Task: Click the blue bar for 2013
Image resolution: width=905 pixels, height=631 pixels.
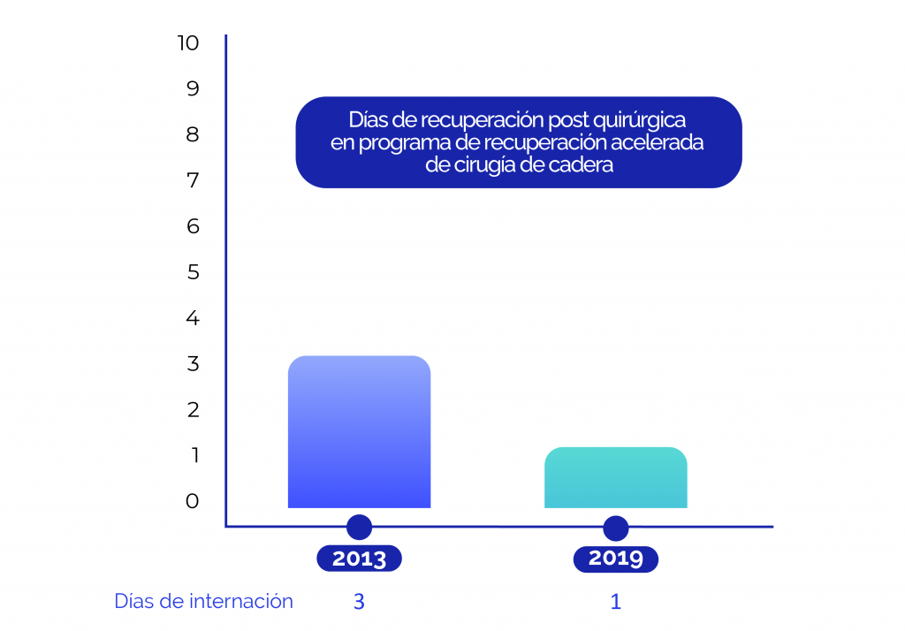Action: point(359,432)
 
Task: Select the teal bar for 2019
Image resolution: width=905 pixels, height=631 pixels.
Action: point(615,478)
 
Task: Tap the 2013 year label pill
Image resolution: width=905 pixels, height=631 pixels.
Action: point(359,559)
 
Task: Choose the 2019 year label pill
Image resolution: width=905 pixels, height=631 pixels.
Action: point(615,559)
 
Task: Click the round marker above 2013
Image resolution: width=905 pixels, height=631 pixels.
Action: point(359,528)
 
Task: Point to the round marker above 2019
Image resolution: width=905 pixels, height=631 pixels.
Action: point(615,528)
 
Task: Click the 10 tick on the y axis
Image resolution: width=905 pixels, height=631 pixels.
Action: point(188,42)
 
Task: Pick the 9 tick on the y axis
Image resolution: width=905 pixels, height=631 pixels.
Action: point(193,88)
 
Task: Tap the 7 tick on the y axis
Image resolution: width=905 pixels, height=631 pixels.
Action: point(193,180)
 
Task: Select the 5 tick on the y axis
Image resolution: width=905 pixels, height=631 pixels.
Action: point(193,272)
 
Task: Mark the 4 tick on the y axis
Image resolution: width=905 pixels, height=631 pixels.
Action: point(193,318)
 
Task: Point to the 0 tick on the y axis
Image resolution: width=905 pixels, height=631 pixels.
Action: point(193,501)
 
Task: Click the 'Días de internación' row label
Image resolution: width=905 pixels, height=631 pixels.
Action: point(203,602)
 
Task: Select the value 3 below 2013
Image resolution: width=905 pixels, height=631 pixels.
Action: point(359,602)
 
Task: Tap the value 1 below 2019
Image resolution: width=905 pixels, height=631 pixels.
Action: point(615,602)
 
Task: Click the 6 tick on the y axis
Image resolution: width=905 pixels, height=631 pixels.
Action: point(193,226)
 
